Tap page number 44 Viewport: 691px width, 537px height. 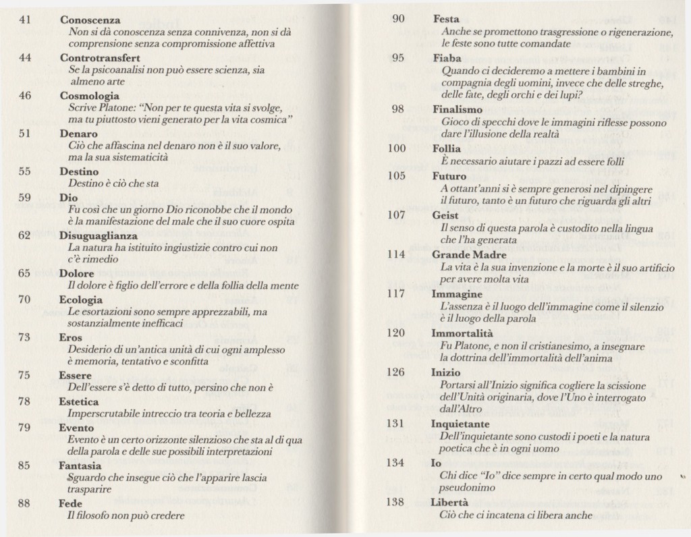click(x=25, y=58)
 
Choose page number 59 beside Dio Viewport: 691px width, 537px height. click(x=25, y=198)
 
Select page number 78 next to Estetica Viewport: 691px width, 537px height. click(x=25, y=401)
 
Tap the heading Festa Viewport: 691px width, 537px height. click(x=445, y=20)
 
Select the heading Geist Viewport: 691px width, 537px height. click(x=445, y=215)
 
